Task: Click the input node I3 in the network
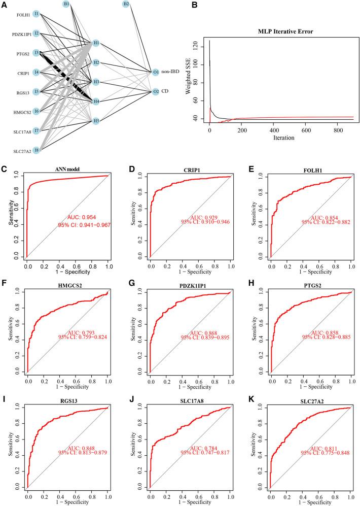coord(37,53)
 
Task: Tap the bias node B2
coord(126,5)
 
